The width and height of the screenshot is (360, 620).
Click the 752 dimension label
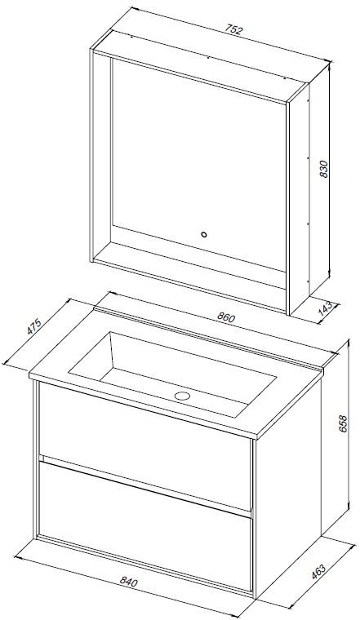pos(233,30)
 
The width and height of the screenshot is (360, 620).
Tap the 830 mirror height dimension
pos(323,169)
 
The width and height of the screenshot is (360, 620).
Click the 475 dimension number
pos(34,326)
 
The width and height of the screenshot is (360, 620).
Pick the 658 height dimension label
pos(343,424)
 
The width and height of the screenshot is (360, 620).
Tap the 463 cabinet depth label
pos(318,573)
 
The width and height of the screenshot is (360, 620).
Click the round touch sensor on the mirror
pos(204,234)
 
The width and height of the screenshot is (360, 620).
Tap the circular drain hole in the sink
pos(182,396)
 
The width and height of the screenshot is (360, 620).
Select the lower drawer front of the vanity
pos(145,524)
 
